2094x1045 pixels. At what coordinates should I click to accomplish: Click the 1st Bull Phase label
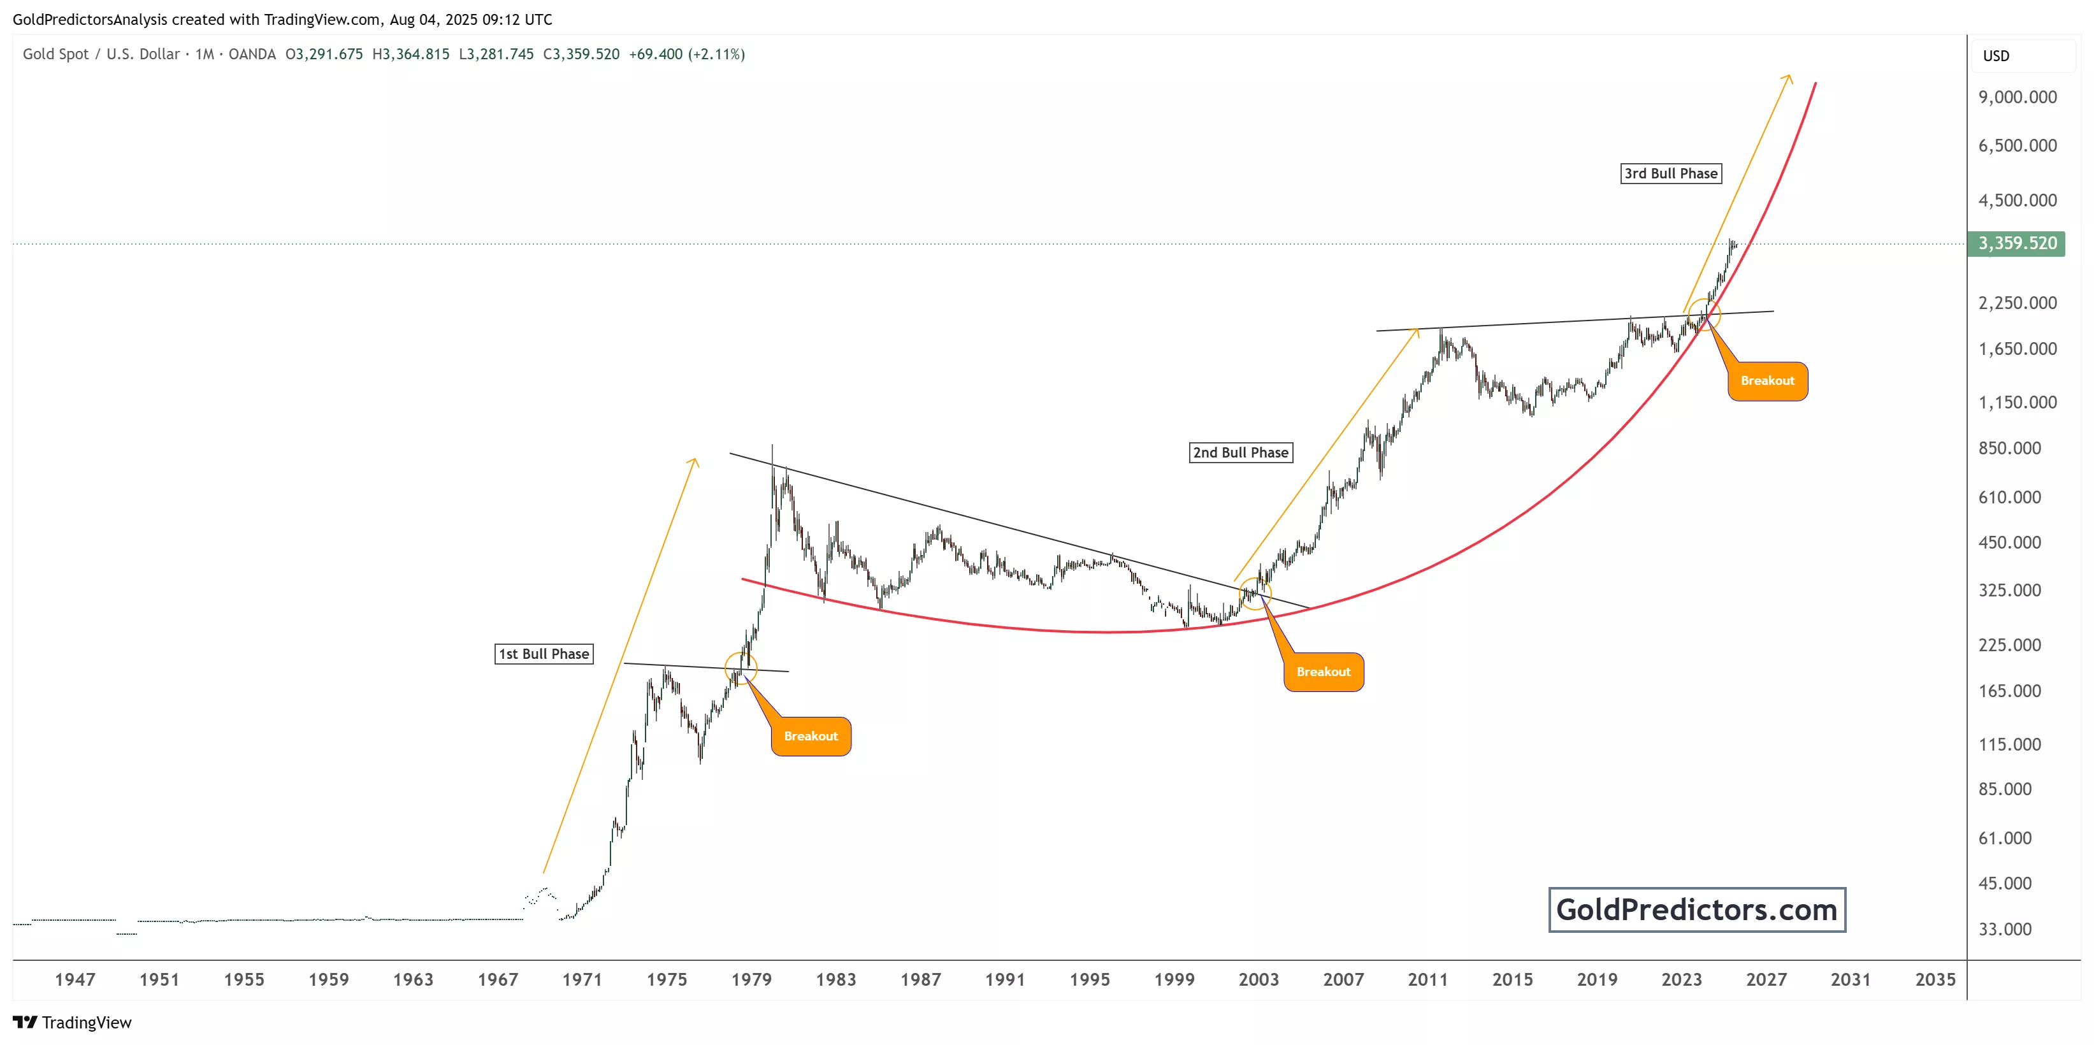544,654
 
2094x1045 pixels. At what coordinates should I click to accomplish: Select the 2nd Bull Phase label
1241,452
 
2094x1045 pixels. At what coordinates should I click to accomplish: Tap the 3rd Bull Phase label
1670,173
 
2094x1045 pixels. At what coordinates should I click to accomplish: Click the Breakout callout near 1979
811,736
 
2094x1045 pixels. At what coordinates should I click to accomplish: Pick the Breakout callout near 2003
1324,672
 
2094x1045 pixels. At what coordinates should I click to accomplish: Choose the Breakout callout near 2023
1767,381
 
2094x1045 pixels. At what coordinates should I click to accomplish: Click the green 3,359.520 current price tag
2017,243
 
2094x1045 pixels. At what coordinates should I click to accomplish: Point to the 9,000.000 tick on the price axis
2017,97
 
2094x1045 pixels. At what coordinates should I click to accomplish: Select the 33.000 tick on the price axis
2005,929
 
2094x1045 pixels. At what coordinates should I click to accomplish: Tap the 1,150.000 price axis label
2017,402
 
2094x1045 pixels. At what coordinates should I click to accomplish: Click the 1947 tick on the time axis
75,979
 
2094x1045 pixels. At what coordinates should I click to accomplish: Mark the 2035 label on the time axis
1935,979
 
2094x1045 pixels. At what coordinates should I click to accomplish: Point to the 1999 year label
1174,979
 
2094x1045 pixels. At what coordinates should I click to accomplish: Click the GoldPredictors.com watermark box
1696,909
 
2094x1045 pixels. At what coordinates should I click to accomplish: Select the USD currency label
1996,56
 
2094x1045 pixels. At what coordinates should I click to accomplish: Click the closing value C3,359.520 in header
581,54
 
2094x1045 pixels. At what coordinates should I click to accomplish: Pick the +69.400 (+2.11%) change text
687,54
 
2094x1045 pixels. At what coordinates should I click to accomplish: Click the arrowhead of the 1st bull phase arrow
695,461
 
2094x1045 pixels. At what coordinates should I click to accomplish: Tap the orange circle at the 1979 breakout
740,667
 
